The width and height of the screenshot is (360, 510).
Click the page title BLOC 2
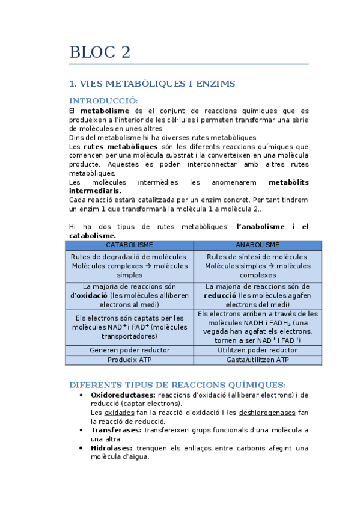point(100,52)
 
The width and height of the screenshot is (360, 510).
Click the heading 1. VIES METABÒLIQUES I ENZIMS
point(152,84)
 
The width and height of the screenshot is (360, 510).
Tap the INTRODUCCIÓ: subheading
point(103,100)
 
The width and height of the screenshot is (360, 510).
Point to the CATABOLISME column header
point(129,245)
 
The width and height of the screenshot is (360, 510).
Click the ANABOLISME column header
point(257,245)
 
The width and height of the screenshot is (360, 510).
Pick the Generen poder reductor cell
point(129,350)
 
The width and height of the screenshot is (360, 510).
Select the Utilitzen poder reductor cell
point(257,350)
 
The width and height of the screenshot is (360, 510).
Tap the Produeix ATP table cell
point(129,360)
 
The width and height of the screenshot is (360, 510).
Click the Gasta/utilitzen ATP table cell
point(257,360)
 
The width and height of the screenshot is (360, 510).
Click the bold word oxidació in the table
point(92,296)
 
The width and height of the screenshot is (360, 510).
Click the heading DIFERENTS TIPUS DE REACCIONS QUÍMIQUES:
point(177,385)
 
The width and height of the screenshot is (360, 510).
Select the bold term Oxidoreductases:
point(123,395)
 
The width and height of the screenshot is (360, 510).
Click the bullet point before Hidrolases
point(81,448)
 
